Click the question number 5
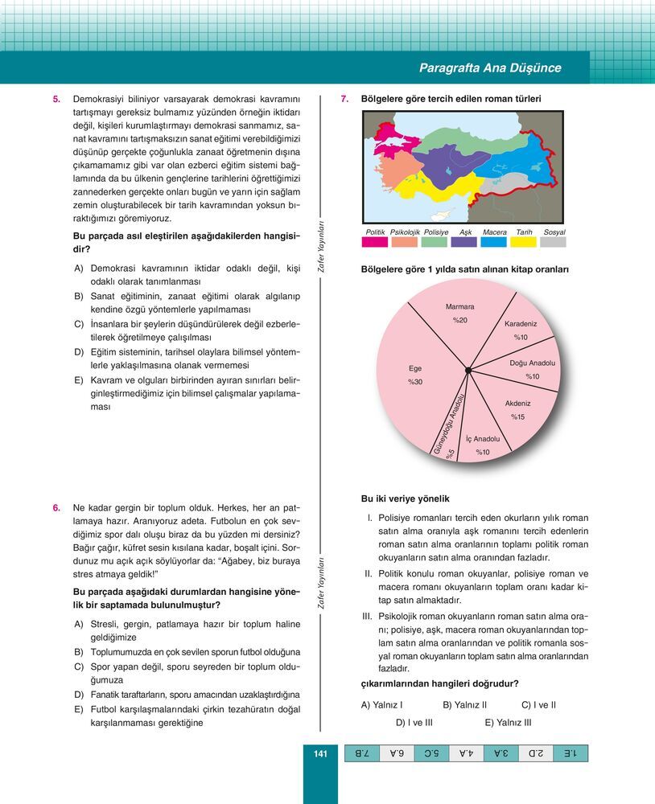(x=56, y=99)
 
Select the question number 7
(x=344, y=99)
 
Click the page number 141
(x=319, y=753)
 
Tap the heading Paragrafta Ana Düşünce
(x=490, y=68)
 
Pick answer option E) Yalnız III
(x=508, y=722)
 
